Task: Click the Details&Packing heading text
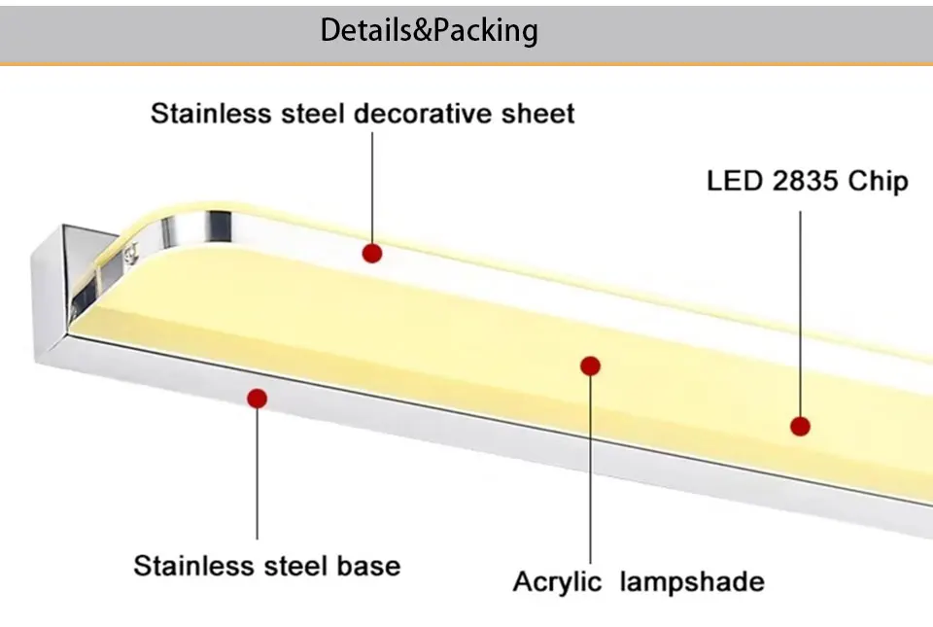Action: (429, 30)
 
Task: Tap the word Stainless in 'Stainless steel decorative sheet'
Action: (211, 113)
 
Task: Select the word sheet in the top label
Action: (537, 113)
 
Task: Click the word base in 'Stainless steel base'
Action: (369, 566)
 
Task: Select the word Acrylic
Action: (557, 581)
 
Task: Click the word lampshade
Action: (692, 581)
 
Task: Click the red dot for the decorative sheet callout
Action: (372, 254)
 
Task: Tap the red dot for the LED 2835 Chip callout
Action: (800, 426)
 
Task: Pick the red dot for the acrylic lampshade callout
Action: (590, 366)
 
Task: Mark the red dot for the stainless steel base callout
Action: (257, 399)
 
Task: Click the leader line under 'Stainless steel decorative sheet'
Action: (372, 188)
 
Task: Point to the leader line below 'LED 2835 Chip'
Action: (800, 313)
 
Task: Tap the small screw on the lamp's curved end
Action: (130, 254)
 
